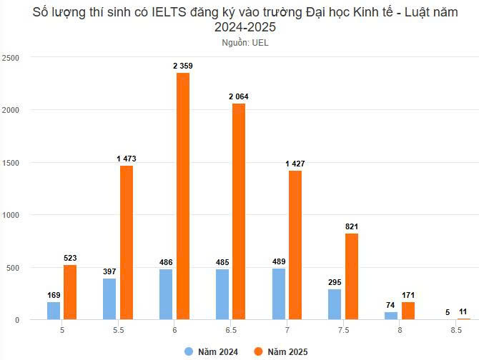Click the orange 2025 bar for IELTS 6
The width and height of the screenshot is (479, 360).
coord(182,196)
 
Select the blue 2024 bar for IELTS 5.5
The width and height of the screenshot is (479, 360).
coord(109,299)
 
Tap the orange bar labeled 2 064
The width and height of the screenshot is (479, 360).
coord(239,211)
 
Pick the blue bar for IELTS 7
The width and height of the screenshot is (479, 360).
coord(279,294)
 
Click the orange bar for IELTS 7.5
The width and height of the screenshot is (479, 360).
coord(351,276)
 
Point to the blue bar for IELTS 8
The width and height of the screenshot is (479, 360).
coord(390,316)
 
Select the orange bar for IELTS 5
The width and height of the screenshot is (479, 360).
coord(70,292)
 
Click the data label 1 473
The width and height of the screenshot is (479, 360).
coord(126,158)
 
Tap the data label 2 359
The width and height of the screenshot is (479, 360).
coord(182,66)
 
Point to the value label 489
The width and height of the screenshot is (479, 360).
coord(279,262)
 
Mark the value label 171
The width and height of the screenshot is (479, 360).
coord(408,295)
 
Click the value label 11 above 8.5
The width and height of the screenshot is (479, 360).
coord(464,312)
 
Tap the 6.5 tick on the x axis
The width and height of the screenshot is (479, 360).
coord(231,331)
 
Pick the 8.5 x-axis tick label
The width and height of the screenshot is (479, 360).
coord(456,331)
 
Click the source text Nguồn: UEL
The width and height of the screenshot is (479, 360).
coord(245,43)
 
